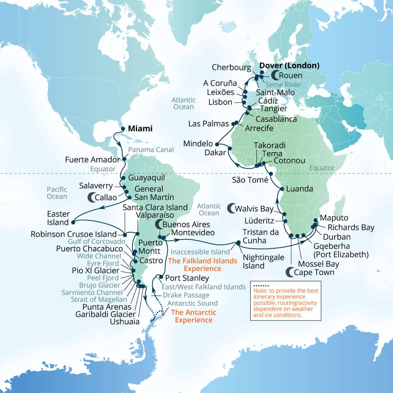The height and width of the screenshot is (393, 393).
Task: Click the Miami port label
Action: pos(140,129)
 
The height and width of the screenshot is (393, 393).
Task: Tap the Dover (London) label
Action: pos(289,66)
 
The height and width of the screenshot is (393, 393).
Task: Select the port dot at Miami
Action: pos(123,129)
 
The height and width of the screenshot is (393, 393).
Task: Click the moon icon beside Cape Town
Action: pos(291,272)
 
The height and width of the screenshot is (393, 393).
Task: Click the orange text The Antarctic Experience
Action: pos(193,316)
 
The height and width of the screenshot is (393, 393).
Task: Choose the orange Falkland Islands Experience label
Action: pos(195,265)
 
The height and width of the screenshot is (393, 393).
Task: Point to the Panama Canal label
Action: pos(151,149)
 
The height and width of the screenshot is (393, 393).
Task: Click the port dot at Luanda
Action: pos(282,189)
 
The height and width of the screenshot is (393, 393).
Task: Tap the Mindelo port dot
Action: pos(217,144)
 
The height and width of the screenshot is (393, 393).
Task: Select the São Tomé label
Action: pos(250,179)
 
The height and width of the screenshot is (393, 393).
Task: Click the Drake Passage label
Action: pos(186,295)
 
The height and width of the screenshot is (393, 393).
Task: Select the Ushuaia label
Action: pos(124,321)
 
